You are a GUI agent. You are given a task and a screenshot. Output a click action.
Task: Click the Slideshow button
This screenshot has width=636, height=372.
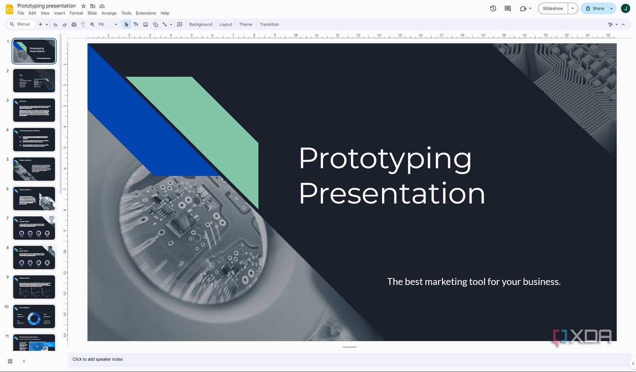pos(553,8)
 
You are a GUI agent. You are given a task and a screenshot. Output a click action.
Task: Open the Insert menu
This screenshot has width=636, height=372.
pos(59,13)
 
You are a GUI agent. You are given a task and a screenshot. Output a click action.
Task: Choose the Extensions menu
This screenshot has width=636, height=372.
pos(146,13)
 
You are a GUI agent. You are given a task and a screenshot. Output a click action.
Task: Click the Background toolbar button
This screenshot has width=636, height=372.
pos(200,24)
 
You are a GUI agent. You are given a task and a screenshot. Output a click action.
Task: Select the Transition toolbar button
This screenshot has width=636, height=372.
pos(269,24)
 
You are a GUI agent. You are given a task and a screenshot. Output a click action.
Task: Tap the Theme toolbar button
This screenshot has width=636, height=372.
pos(246,24)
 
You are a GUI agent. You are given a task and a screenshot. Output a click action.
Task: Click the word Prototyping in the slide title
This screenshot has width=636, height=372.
pos(385,158)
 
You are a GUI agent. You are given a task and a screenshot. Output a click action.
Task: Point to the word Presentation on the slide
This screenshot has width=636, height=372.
pos(392,194)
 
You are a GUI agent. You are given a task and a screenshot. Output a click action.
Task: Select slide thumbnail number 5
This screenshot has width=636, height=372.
pos(34,169)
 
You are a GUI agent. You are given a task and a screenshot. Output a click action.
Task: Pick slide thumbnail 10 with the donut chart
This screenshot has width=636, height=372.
pos(34,316)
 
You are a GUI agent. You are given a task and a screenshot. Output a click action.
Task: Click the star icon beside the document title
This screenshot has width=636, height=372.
pos(84,6)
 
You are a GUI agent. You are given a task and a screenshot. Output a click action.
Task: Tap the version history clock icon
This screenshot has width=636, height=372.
pos(493,8)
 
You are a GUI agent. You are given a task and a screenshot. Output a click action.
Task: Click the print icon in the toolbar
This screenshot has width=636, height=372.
pos(74,25)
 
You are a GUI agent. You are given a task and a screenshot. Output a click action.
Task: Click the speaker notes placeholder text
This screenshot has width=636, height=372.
pos(98,359)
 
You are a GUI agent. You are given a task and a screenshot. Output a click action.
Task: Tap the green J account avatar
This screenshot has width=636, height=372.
pos(625,8)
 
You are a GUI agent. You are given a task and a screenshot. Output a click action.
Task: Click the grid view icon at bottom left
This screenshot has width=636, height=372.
pos(10,361)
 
